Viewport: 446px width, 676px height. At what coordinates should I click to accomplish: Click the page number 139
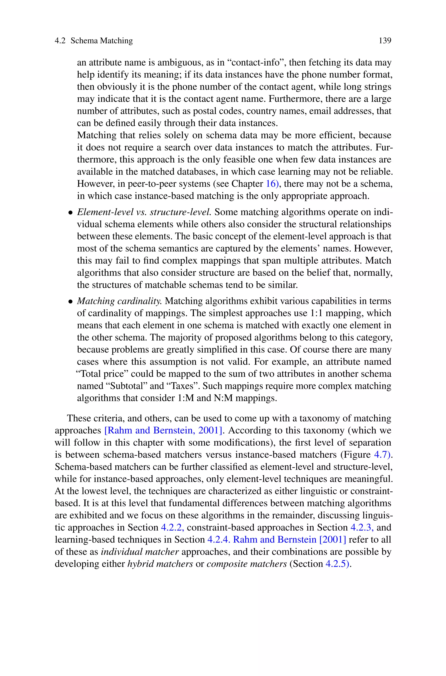tap(385, 41)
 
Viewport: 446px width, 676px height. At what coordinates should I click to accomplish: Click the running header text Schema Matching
tap(101, 41)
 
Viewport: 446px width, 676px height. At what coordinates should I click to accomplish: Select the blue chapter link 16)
tap(272, 184)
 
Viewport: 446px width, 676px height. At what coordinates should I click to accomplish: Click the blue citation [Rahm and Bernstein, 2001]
tap(163, 430)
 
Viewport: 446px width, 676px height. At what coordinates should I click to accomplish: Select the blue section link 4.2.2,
tap(172, 527)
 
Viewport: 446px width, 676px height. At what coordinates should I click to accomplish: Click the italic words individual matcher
tap(140, 552)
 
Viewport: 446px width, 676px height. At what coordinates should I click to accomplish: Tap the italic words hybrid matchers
tap(160, 564)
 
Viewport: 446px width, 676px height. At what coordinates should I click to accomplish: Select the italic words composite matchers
tap(247, 564)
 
